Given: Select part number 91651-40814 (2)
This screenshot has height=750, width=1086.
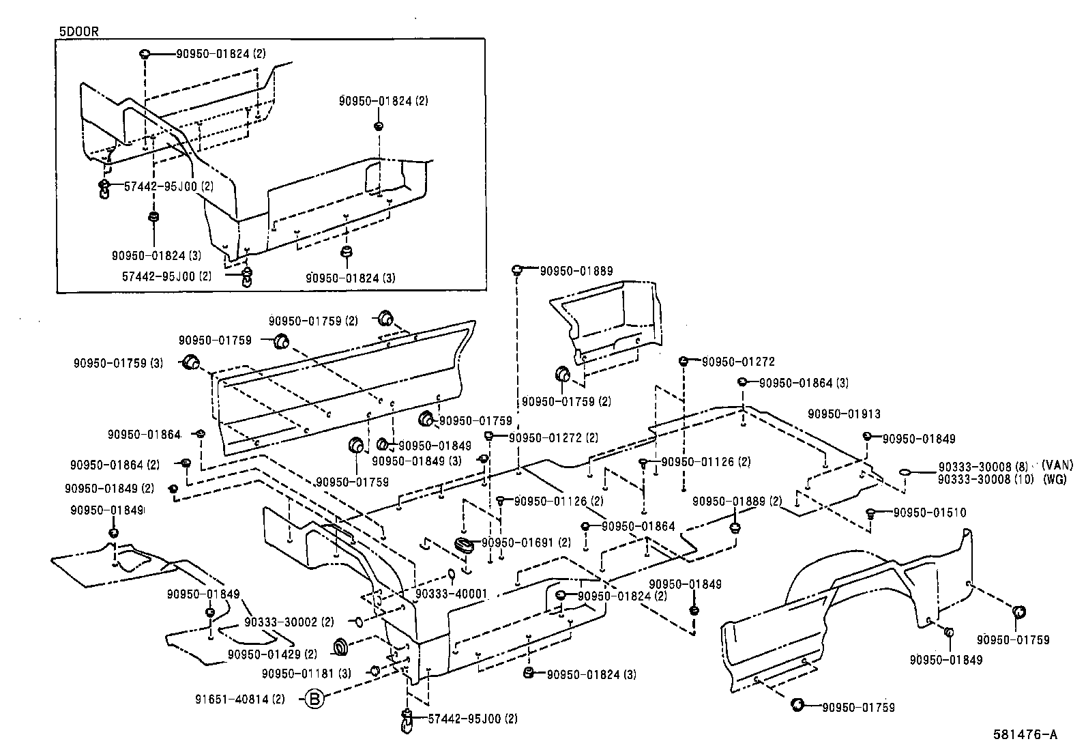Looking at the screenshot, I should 239,699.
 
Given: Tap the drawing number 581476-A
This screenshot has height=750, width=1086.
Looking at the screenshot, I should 1025,735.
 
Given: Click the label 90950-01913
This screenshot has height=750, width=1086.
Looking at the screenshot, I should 844,414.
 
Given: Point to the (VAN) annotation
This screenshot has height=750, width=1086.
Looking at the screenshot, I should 1057,465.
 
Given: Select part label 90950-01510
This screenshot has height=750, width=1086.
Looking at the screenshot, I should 929,513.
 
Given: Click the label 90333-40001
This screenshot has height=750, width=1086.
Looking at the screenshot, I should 451,594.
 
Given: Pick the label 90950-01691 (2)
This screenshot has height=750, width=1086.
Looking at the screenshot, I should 526,543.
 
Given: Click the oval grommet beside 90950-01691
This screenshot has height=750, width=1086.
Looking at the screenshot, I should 464,545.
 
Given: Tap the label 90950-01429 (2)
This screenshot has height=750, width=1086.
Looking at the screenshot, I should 272,654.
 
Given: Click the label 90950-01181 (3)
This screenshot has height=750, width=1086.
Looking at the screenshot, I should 306,674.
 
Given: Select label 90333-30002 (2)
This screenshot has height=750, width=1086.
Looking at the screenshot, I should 289,622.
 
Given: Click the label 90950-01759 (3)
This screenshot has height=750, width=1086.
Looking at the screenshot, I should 118,364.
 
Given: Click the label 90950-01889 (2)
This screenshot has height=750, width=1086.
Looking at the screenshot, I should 737,501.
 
